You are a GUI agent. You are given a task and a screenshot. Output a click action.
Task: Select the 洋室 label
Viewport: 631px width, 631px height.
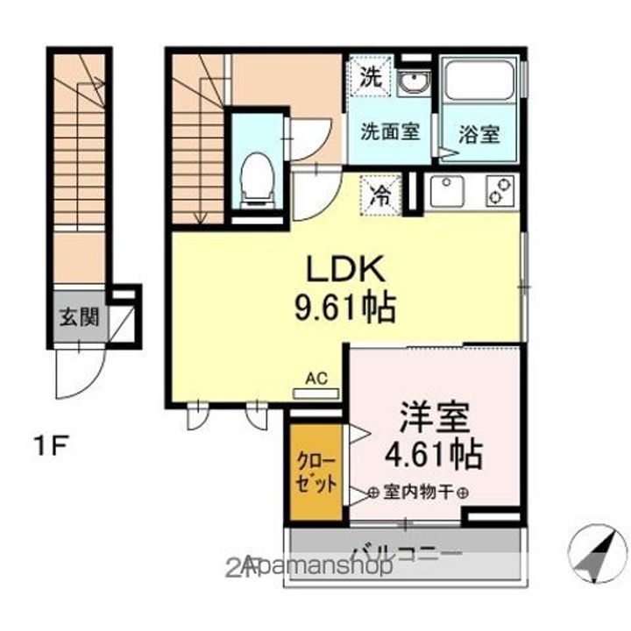436,417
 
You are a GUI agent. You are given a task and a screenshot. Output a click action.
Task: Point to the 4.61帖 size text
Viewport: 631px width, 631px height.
436,454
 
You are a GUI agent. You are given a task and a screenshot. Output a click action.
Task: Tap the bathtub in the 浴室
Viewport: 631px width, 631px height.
479,83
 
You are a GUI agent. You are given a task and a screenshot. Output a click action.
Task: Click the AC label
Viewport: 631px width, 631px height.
315,379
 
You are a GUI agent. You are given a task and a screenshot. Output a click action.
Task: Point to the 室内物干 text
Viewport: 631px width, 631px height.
417,493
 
